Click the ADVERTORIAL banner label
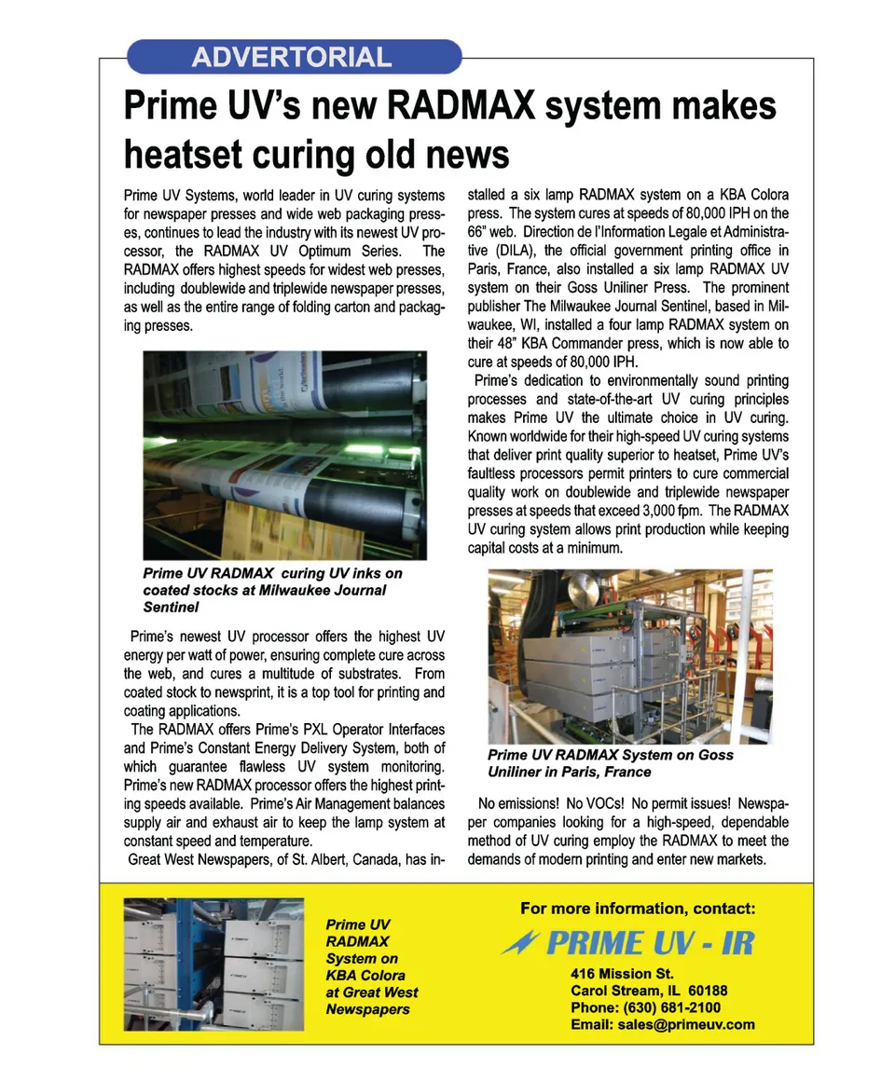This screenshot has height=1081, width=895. (291, 57)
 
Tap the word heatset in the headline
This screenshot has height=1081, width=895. (186, 153)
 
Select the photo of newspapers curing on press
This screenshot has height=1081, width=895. (284, 455)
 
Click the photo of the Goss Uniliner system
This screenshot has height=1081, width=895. (629, 656)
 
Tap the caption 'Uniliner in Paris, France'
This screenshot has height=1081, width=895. (569, 773)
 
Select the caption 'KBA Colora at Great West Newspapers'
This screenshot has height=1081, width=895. (371, 984)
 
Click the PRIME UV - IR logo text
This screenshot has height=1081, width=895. (649, 943)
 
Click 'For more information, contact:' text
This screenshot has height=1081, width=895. (638, 909)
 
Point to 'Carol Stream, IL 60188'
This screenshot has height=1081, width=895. (649, 991)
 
